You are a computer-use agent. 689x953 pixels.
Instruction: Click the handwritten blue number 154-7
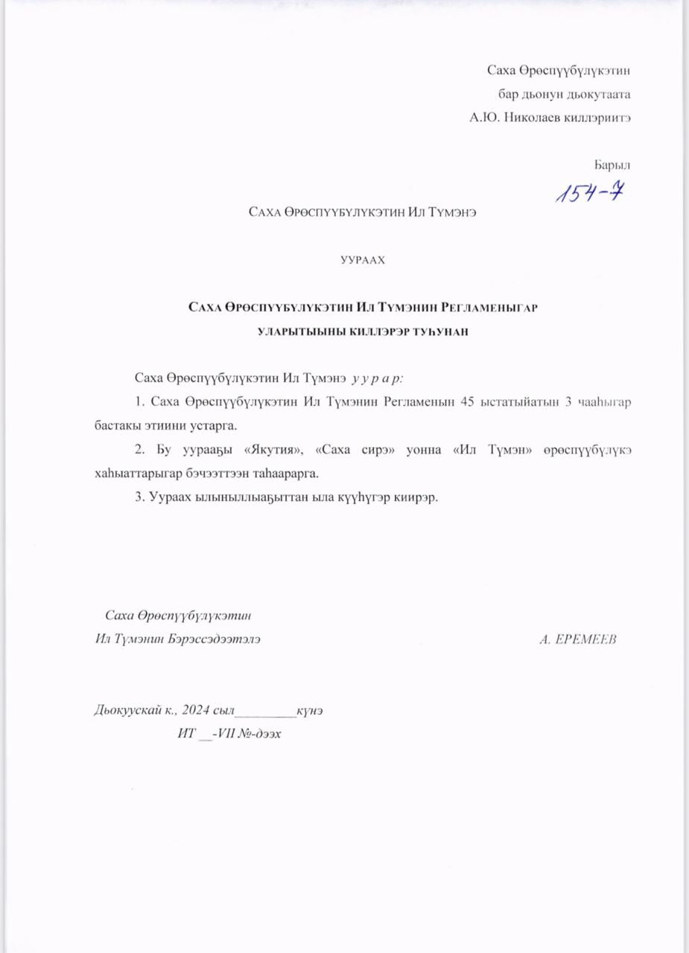pos(589,193)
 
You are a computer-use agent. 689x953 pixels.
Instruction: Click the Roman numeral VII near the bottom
pos(228,733)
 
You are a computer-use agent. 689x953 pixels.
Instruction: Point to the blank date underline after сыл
pos(266,711)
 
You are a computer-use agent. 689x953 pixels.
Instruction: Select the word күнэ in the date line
pos(310,710)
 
